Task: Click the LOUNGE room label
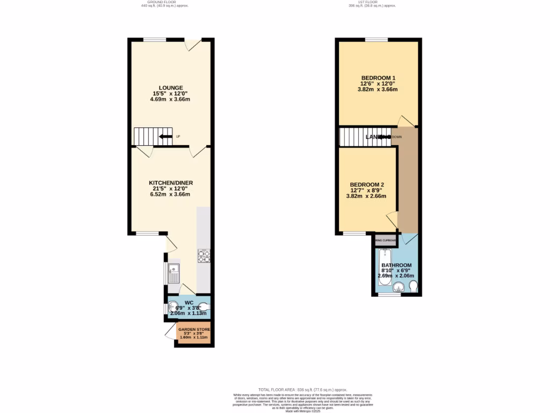coord(171,88)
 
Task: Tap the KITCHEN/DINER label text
coord(171,183)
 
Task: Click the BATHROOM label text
coord(396,266)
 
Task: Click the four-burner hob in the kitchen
coord(204,256)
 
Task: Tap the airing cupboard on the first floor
coord(386,241)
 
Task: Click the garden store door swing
coord(171,329)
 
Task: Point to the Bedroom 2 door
coord(393,219)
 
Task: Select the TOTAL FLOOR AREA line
coord(302,389)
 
